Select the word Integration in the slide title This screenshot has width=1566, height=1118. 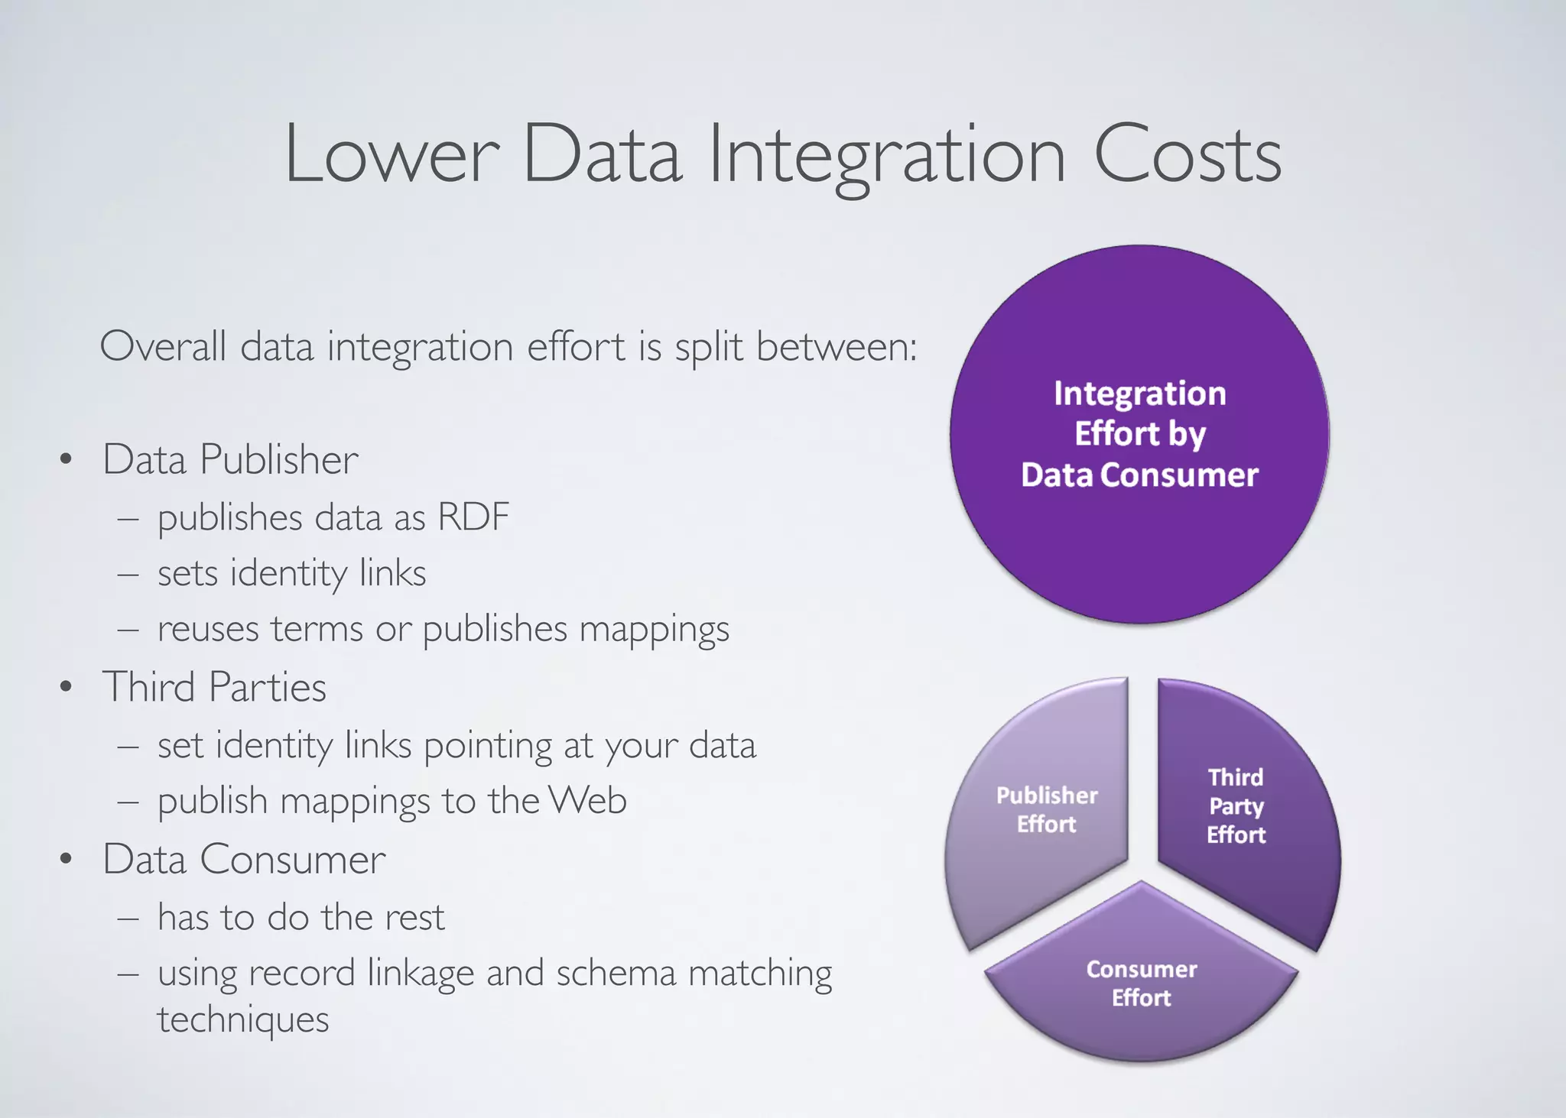887,157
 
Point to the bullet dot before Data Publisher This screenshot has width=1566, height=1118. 67,460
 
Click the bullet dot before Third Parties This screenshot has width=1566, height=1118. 67,687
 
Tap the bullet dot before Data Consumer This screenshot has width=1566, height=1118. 67,860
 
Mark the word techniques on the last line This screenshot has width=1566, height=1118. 243,1019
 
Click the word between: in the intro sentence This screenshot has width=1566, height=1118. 837,347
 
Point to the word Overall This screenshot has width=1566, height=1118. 163,347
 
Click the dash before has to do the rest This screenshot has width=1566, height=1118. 128,918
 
